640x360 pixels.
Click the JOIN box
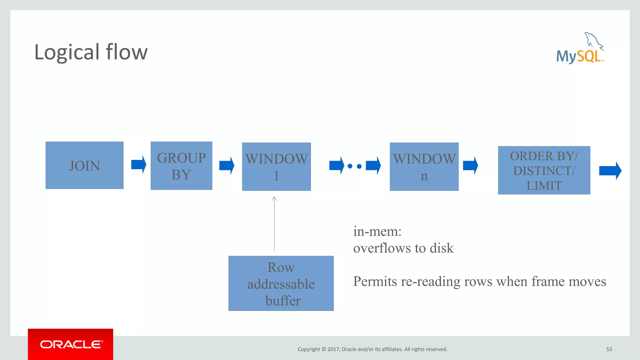84,165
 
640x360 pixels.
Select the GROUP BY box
181,166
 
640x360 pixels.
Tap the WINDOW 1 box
276,167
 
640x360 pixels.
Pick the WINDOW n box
424,167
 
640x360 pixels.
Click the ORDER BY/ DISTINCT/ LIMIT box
544,170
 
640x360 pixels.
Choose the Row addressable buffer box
281,283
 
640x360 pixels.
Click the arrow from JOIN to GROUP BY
138,164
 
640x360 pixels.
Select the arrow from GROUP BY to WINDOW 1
227,165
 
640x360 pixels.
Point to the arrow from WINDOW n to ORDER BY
470,165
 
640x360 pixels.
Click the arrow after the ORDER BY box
610,171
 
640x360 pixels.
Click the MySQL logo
580,48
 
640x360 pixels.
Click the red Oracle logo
71,344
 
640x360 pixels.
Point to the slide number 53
609,349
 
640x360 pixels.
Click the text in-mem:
377,232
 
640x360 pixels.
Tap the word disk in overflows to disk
442,248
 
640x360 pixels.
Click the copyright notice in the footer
372,349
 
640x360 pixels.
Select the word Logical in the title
67,52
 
